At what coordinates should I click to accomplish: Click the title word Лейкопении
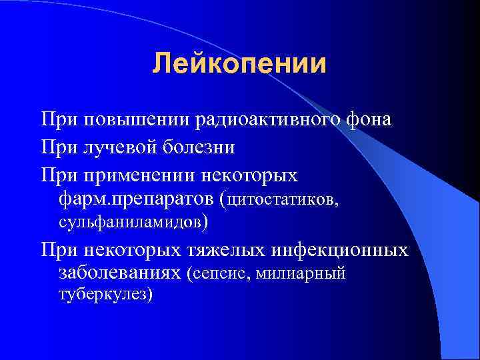click(x=239, y=65)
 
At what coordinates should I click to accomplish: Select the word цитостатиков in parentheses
click(x=283, y=199)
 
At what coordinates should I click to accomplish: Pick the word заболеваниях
click(x=120, y=273)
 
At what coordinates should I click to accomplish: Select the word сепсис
click(x=216, y=273)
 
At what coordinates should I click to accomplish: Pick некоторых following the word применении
click(x=257, y=175)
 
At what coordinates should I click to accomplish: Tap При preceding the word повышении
click(x=57, y=121)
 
